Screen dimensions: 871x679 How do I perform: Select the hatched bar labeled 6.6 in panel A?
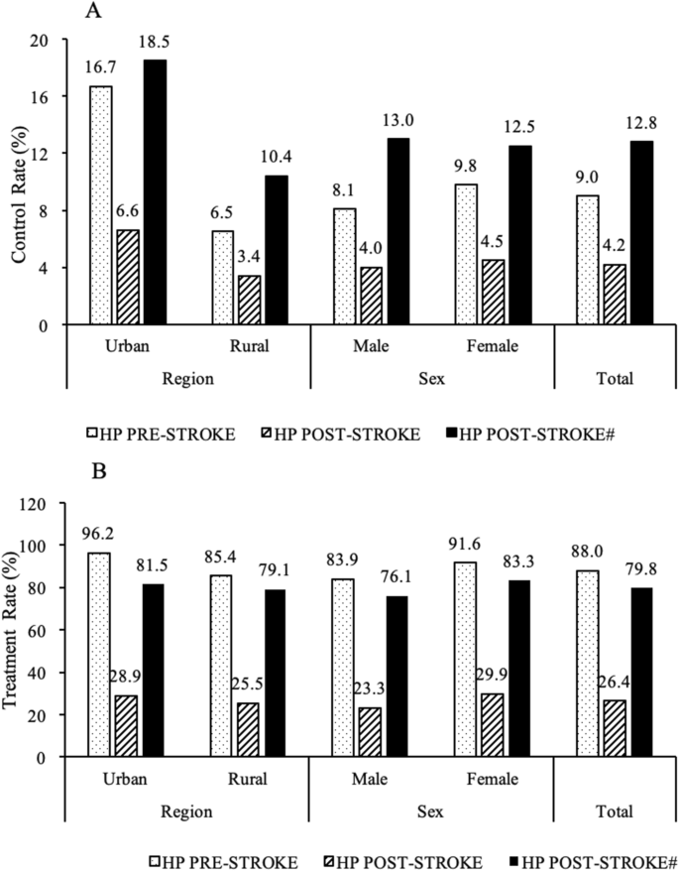tap(128, 277)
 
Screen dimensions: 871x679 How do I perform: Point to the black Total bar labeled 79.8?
tap(640, 673)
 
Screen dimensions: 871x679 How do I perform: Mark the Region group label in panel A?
tap(187, 378)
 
